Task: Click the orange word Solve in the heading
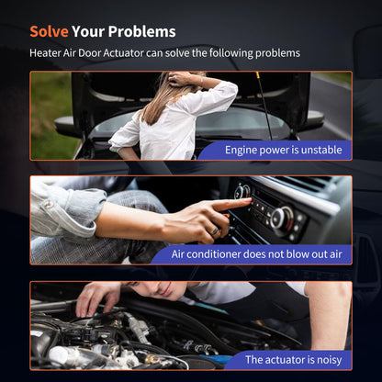tap(49, 31)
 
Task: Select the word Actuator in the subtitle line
tap(123, 53)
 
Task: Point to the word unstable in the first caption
tap(321, 150)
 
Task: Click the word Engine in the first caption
tap(241, 151)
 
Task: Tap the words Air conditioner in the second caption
tap(207, 254)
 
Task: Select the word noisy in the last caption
tap(329, 360)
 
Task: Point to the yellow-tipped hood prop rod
tap(264, 104)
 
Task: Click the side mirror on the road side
tap(315, 118)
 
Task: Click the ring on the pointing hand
tap(215, 231)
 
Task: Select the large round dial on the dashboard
tap(281, 219)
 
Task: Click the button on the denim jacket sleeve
tap(48, 205)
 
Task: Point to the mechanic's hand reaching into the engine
tap(95, 299)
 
